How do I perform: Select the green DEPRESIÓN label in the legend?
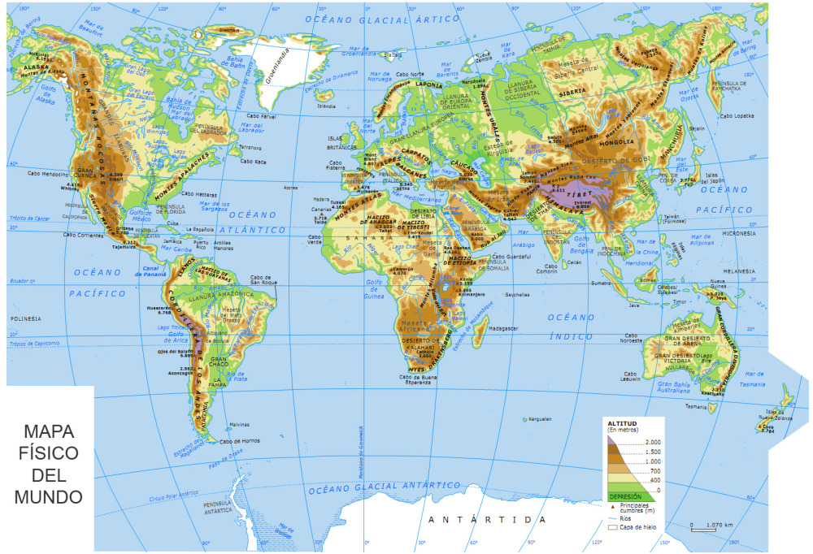[626, 496]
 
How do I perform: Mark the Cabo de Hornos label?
[240, 441]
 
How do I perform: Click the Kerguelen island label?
[540, 419]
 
